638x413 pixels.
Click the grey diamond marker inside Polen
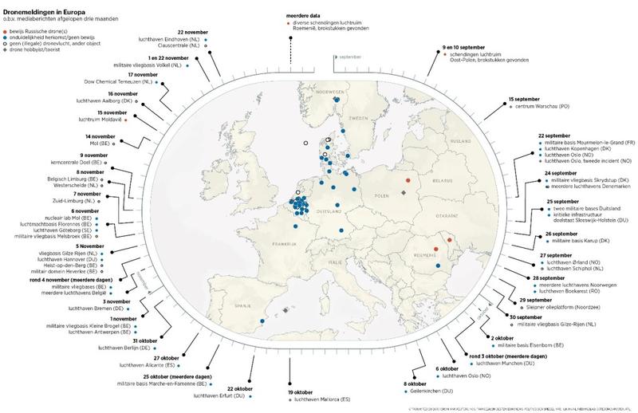point(404,192)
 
